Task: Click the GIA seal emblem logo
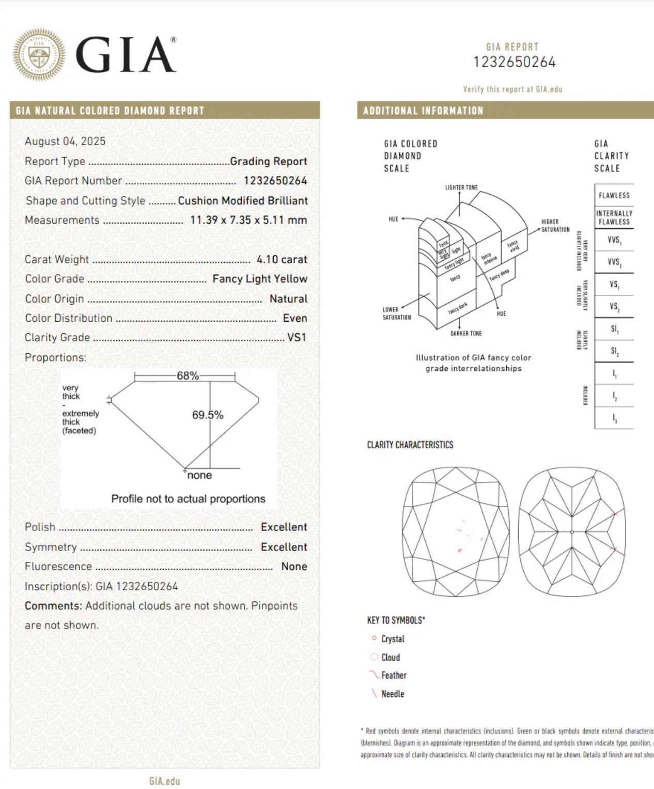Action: click(x=39, y=55)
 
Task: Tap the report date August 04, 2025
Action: click(x=65, y=141)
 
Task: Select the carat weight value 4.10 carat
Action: click(x=282, y=260)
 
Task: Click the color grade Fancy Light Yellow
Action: click(x=260, y=279)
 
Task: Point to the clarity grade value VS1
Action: click(x=297, y=338)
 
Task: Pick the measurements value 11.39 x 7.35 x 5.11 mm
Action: click(x=248, y=220)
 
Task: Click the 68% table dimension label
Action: click(x=188, y=376)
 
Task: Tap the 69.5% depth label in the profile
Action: click(x=208, y=415)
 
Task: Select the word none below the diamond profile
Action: click(x=199, y=476)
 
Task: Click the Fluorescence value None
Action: click(x=294, y=566)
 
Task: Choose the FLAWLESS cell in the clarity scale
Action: click(x=614, y=195)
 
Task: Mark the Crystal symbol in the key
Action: click(x=374, y=639)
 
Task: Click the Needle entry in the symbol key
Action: click(x=393, y=694)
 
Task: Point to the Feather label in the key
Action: click(x=394, y=675)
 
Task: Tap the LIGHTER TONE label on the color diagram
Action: click(x=461, y=187)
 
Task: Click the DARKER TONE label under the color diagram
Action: click(x=465, y=334)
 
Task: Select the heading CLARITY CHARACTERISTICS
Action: click(x=410, y=445)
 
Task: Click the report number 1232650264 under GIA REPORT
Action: click(x=515, y=62)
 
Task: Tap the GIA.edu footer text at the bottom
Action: click(x=164, y=781)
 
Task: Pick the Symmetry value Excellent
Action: click(x=284, y=547)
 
